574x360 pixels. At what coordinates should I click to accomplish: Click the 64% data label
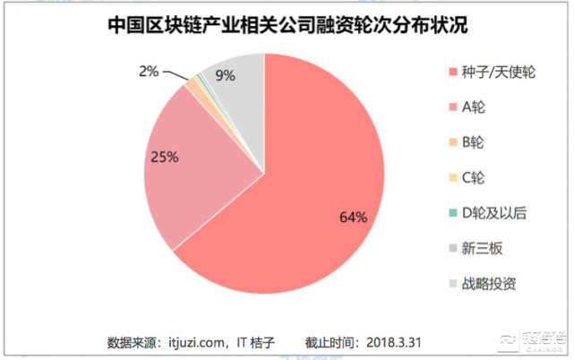point(353,218)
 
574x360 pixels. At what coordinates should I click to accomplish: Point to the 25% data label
point(165,157)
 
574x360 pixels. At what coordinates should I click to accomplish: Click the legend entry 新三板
point(481,249)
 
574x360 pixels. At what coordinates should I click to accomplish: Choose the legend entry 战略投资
point(487,285)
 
